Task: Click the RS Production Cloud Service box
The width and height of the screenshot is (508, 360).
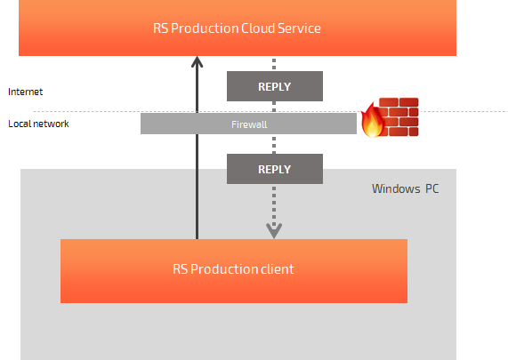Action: (x=238, y=28)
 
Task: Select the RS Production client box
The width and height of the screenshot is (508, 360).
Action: (x=234, y=271)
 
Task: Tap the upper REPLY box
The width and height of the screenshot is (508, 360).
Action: (x=275, y=86)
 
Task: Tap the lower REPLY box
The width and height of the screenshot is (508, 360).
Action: (x=275, y=169)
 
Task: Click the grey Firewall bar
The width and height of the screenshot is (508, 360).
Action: (x=248, y=124)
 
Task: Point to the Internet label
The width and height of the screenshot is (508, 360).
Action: (x=25, y=92)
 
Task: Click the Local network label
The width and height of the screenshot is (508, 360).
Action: (x=38, y=124)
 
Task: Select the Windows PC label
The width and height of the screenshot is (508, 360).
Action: (x=406, y=188)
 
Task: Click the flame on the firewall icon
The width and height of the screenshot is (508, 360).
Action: (x=372, y=120)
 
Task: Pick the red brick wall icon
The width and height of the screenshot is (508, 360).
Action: (x=399, y=116)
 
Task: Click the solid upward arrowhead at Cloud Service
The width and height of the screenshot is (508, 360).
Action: (x=197, y=62)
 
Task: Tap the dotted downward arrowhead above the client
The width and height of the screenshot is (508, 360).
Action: (x=274, y=230)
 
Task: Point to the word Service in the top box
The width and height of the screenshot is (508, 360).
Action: (x=299, y=28)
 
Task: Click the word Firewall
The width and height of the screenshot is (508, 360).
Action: (x=249, y=124)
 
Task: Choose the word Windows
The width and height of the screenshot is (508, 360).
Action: (x=396, y=188)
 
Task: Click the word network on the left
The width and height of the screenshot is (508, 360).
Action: (x=53, y=124)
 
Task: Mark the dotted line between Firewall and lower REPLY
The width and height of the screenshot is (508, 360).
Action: (x=274, y=144)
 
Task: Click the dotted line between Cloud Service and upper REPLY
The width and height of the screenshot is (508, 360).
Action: (x=274, y=63)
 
